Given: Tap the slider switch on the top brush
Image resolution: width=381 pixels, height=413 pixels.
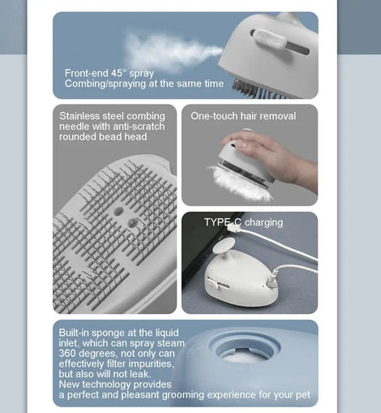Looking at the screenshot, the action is (x=270, y=40).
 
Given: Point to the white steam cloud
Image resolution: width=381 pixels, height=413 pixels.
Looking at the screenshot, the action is (x=173, y=53).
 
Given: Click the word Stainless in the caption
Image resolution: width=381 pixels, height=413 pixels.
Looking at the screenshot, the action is (x=79, y=116).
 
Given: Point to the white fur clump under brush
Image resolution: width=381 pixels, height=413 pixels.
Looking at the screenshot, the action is (x=239, y=183).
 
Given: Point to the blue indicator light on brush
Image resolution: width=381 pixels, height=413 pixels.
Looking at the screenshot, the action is (x=263, y=286).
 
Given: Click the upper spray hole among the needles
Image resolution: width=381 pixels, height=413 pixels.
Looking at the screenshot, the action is (x=118, y=211).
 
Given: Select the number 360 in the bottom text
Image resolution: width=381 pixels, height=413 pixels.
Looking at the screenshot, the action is (x=67, y=354).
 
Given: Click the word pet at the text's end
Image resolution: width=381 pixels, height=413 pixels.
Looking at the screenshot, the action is (x=303, y=395).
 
